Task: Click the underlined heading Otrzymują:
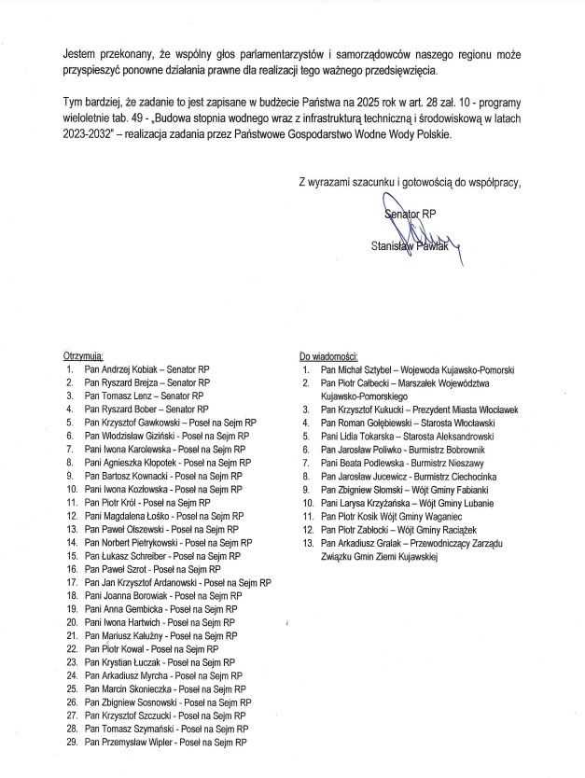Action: [83, 356]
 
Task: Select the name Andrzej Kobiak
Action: [130, 369]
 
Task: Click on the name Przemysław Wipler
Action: [138, 743]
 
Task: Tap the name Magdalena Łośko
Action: [141, 516]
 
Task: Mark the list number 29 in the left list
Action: [70, 743]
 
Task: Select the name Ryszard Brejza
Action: [129, 382]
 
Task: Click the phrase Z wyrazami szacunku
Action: [345, 182]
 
